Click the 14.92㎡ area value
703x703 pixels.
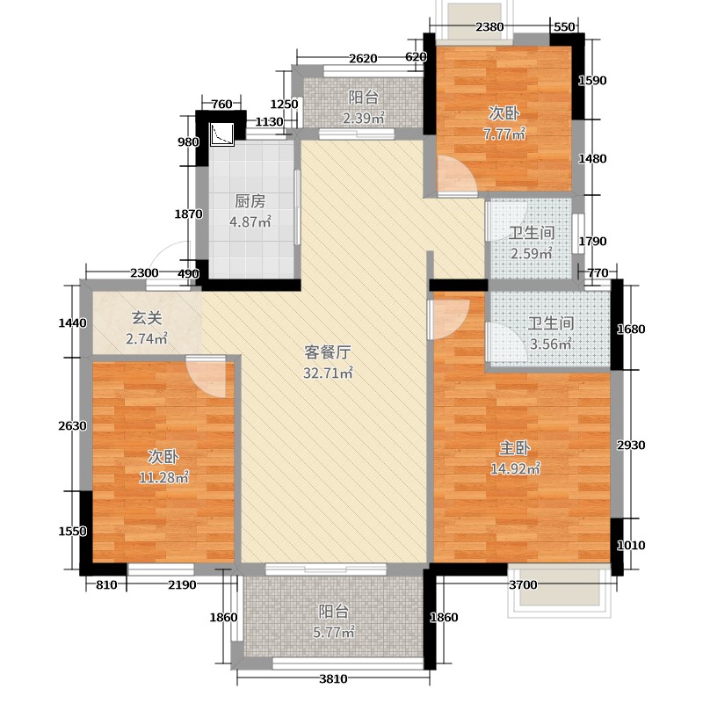[x=515, y=467]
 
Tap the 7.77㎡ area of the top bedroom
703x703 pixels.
[x=505, y=134]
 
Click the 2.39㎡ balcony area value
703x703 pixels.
[x=363, y=119]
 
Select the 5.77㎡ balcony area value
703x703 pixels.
[x=335, y=632]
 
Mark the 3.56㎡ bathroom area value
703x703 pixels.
[x=552, y=344]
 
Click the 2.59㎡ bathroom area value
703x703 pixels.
[x=532, y=254]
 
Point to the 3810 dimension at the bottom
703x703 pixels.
[x=333, y=678]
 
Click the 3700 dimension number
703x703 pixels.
[x=523, y=586]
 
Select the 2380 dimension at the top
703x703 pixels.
[x=489, y=26]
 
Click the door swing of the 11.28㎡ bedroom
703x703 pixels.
[x=209, y=376]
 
